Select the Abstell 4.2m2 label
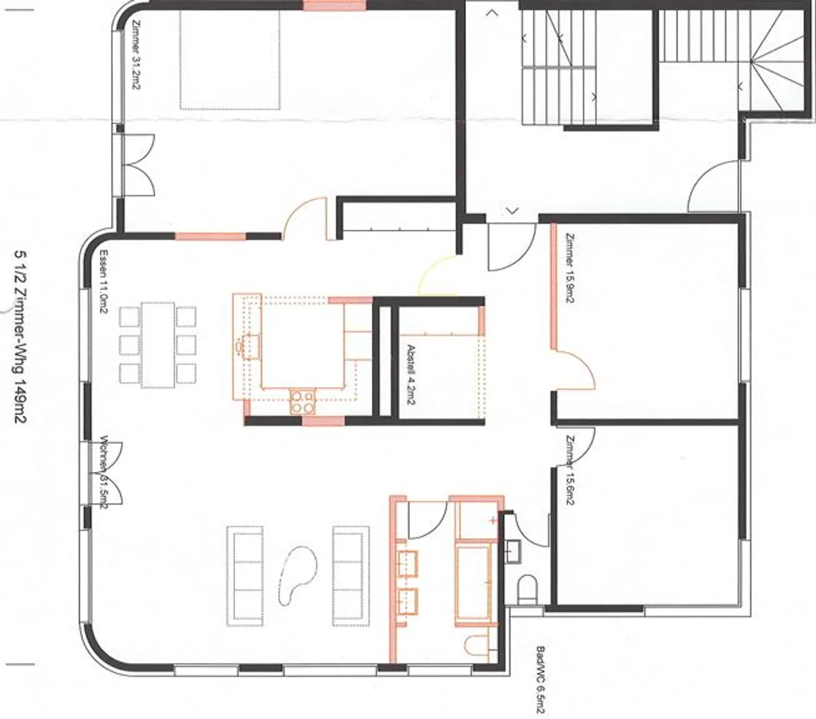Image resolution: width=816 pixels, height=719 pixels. pos(411,375)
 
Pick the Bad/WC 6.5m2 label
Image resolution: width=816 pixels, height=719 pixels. pos(540,681)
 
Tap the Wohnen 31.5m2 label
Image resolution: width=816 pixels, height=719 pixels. pos(104,472)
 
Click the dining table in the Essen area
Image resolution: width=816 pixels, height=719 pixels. pos(158,345)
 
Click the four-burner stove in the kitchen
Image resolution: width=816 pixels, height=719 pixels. pos(303,401)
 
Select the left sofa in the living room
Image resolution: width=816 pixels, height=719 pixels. pos(245,576)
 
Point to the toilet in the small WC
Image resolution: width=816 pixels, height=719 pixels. pos(528,590)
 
